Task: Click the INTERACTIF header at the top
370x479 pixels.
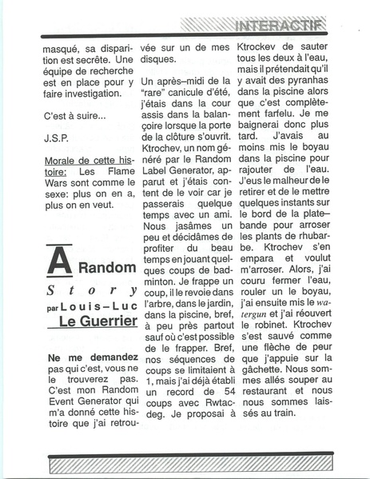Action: point(280,26)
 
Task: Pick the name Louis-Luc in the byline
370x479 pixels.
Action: point(99,305)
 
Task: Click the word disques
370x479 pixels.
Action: point(157,59)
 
